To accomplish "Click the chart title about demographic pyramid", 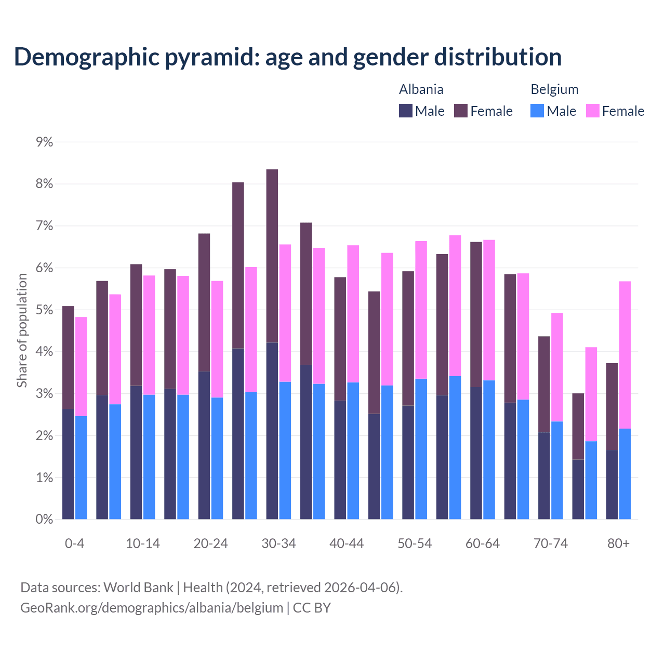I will click(x=287, y=57).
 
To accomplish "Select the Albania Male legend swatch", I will click(x=406, y=111).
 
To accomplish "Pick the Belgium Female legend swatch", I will click(x=593, y=111).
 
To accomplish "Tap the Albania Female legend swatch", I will click(x=461, y=111).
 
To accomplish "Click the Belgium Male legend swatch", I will click(x=537, y=111).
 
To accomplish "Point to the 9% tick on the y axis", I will click(x=44, y=142).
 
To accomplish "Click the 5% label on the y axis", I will click(x=44, y=310).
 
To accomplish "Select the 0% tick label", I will click(x=44, y=520).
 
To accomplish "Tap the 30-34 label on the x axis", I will click(x=278, y=544).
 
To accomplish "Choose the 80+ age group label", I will click(x=618, y=544).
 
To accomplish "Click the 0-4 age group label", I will click(x=74, y=544).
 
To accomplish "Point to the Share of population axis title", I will click(x=22, y=330).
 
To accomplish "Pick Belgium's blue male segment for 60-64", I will click(x=489, y=450).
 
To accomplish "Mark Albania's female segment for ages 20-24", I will click(x=204, y=302).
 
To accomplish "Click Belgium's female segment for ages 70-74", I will click(x=557, y=367).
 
